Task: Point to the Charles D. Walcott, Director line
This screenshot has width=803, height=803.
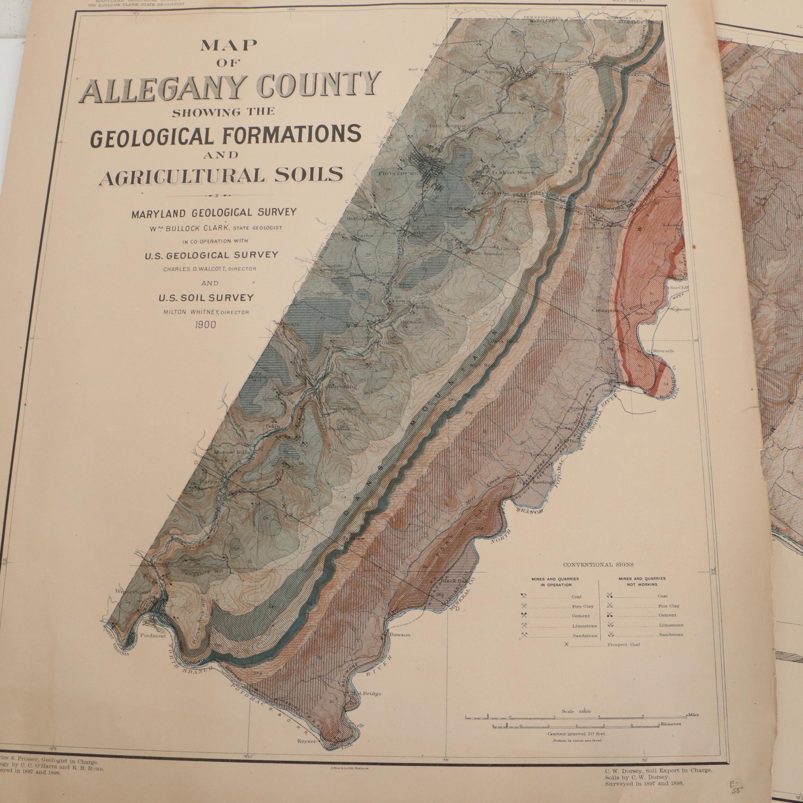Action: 210,269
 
